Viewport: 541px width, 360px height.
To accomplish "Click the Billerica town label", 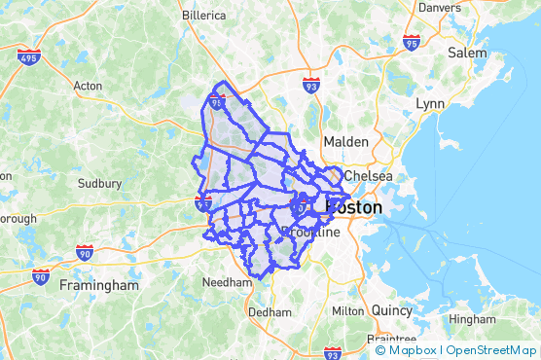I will (203, 16).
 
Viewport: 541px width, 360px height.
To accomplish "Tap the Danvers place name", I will (439, 7).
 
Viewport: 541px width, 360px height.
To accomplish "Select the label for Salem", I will (466, 53).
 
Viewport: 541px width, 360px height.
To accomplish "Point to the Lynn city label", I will (429, 102).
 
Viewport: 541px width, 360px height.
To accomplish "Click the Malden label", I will (345, 141).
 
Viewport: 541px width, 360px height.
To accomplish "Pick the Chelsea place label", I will (368, 176).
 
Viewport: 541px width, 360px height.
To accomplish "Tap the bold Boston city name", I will (353, 207).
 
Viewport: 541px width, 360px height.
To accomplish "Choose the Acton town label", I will (88, 86).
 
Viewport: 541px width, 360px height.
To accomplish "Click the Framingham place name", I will (99, 286).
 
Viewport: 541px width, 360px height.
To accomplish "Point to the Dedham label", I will (270, 312).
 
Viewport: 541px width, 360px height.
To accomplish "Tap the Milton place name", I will (347, 310).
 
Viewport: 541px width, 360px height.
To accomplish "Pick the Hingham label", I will (472, 318).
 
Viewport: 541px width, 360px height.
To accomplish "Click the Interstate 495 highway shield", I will (29, 55).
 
